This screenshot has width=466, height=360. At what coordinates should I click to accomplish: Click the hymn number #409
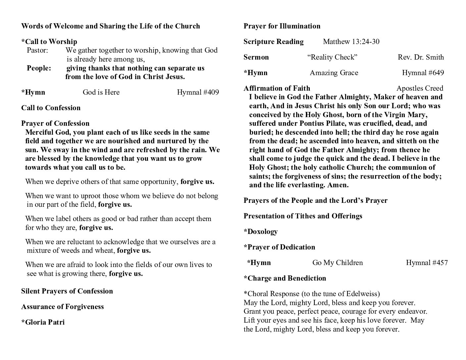198,92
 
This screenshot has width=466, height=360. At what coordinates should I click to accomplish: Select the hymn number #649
423,73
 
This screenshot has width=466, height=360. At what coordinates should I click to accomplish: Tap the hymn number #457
427,263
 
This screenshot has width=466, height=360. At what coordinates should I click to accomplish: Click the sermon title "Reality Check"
332,57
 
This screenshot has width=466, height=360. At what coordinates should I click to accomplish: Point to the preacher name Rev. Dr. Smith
421,57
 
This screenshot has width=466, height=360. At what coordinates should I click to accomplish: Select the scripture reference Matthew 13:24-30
351,42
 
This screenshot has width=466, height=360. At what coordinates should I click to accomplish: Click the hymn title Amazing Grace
334,73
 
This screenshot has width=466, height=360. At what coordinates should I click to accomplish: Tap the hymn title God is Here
101,92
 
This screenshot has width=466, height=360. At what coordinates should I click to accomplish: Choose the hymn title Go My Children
337,263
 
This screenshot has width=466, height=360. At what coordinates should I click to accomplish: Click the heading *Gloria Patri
43,322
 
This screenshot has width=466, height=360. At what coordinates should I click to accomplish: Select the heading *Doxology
260,232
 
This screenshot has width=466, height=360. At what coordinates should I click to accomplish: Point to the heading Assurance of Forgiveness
63,307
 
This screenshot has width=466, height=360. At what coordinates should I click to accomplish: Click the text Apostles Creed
419,88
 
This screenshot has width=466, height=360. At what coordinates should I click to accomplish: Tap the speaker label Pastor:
37,50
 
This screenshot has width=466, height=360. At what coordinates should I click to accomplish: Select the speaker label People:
39,68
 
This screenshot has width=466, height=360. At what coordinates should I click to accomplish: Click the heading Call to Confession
51,108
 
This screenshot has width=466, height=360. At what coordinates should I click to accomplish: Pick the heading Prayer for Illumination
282,26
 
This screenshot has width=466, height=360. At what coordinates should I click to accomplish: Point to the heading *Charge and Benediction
285,278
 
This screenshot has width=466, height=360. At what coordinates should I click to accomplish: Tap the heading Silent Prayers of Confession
67,291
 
